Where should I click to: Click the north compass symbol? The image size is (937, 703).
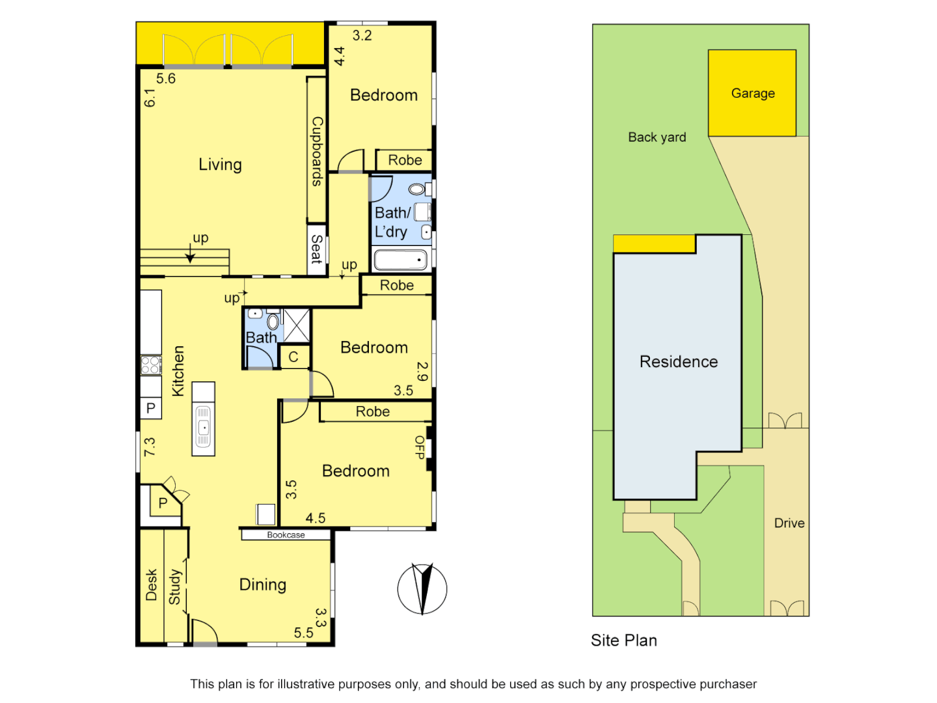click(x=422, y=589)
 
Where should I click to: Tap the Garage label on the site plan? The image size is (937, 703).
click(x=753, y=93)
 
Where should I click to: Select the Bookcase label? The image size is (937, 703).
click(x=286, y=535)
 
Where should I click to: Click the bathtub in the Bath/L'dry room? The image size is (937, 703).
click(x=400, y=260)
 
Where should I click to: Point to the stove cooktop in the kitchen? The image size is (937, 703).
click(x=151, y=365)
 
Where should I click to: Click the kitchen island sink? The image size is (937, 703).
click(x=203, y=428)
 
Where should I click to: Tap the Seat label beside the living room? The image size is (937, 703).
click(x=317, y=249)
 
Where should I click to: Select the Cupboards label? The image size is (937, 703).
click(x=317, y=151)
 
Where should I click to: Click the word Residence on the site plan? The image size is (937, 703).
click(x=679, y=362)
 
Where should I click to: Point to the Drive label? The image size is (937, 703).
click(x=789, y=523)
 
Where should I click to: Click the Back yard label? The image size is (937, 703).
click(x=657, y=137)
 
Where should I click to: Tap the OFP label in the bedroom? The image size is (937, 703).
click(x=420, y=448)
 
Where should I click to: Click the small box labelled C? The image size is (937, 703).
click(x=293, y=357)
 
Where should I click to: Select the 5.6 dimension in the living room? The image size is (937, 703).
click(x=166, y=79)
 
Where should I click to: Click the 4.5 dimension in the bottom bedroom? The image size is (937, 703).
click(x=316, y=518)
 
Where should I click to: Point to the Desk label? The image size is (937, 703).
click(x=152, y=585)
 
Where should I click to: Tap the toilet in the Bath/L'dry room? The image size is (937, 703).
click(x=416, y=189)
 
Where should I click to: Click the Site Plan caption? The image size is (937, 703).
click(x=624, y=641)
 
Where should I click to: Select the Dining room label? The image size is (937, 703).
click(x=263, y=585)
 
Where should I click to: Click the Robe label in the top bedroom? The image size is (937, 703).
click(x=405, y=160)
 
